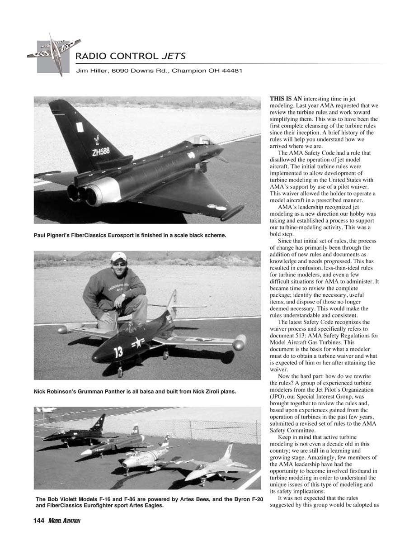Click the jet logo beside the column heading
[x=53, y=53]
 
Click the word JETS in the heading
[x=174, y=57]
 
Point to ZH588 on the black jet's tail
[x=101, y=152]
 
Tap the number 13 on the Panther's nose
[x=118, y=351]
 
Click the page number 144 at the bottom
[x=39, y=521]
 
